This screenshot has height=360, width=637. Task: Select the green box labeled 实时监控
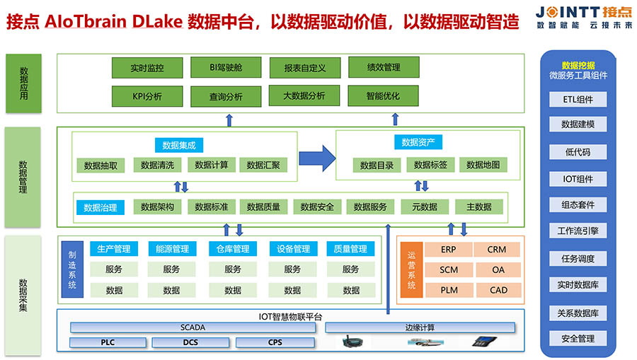pyautogui.click(x=147, y=68)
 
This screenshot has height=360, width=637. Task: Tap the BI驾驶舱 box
pyautogui.click(x=226, y=68)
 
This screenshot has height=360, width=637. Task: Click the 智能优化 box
pyautogui.click(x=384, y=95)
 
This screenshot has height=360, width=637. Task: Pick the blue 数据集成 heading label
pyautogui.click(x=178, y=145)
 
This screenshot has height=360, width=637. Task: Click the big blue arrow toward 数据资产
pyautogui.click(x=316, y=157)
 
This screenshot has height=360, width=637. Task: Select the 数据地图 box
pyautogui.click(x=483, y=166)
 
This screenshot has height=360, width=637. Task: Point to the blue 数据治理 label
pyautogui.click(x=101, y=207)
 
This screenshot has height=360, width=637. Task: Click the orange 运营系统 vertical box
pyautogui.click(x=411, y=269)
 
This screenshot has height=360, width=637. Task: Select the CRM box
pyautogui.click(x=497, y=250)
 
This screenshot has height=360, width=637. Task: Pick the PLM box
pyautogui.click(x=449, y=290)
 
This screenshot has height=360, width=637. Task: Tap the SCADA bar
pyautogui.click(x=193, y=327)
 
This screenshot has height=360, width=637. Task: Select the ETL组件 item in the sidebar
pyautogui.click(x=578, y=100)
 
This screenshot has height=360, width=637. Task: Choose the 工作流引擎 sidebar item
pyautogui.click(x=578, y=231)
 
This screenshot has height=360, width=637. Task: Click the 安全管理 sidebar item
pyautogui.click(x=578, y=339)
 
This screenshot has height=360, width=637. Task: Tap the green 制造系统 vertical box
pyautogui.click(x=72, y=269)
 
